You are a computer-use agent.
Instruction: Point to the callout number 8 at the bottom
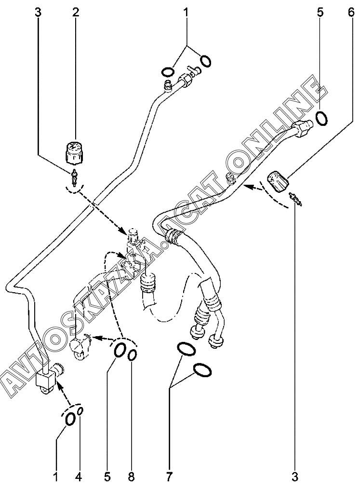coord(131,478)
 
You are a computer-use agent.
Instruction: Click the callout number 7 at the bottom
coord(169,478)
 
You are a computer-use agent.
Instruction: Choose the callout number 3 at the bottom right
coord(295,478)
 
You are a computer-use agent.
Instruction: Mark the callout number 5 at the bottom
coord(107,478)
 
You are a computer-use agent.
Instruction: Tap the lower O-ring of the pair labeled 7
coord(202,370)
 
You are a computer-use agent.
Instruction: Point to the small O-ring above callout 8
coord(132,355)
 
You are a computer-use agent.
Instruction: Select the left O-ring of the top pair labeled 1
coord(167,72)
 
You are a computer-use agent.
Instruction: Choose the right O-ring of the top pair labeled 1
coord(205,61)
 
